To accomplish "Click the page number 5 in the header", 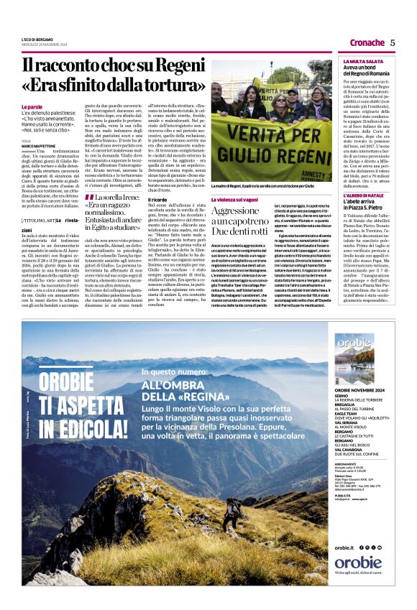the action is tap(393, 42).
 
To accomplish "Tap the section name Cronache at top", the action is tap(367, 42).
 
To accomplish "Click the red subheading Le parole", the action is tap(32, 107).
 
